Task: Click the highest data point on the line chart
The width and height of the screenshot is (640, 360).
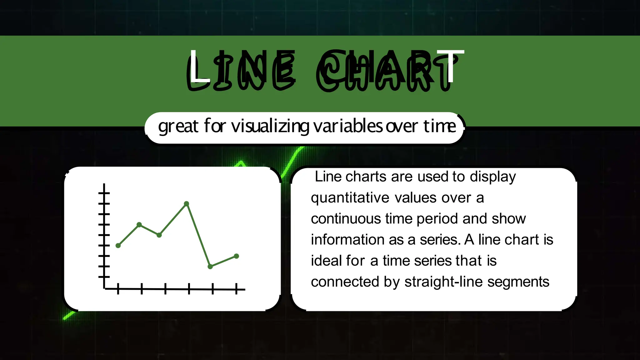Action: [187, 204]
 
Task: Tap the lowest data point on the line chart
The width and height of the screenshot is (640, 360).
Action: [210, 267]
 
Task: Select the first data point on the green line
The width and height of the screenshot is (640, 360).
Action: [118, 246]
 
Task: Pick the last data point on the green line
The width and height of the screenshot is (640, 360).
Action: [237, 256]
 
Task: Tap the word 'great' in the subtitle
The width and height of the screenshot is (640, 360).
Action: [178, 127]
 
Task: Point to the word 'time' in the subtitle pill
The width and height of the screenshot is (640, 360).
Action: [440, 126]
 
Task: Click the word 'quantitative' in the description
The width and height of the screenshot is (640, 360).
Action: [350, 198]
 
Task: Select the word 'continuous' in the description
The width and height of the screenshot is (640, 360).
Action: [346, 219]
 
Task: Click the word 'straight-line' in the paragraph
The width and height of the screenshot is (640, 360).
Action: [444, 282]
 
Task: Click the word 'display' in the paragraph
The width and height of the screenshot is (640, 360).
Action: [493, 177]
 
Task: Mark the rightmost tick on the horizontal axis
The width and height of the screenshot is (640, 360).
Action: [237, 289]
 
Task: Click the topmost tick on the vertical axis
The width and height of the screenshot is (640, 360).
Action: [104, 193]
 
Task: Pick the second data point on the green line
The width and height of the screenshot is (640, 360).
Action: [139, 225]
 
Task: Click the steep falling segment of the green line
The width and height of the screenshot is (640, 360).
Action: [198, 235]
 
